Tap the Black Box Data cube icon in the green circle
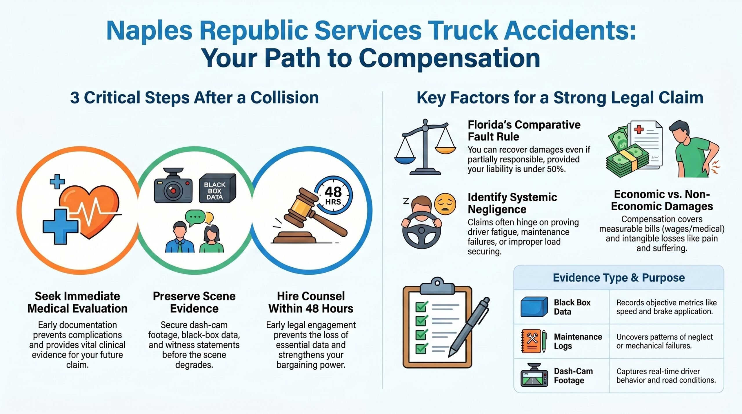[217, 188]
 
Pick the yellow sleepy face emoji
[445, 204]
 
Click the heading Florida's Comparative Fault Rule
[524, 131]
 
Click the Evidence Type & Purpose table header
[619, 278]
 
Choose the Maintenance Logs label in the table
[578, 341]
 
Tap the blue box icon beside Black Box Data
[534, 307]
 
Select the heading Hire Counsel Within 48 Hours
[311, 302]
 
